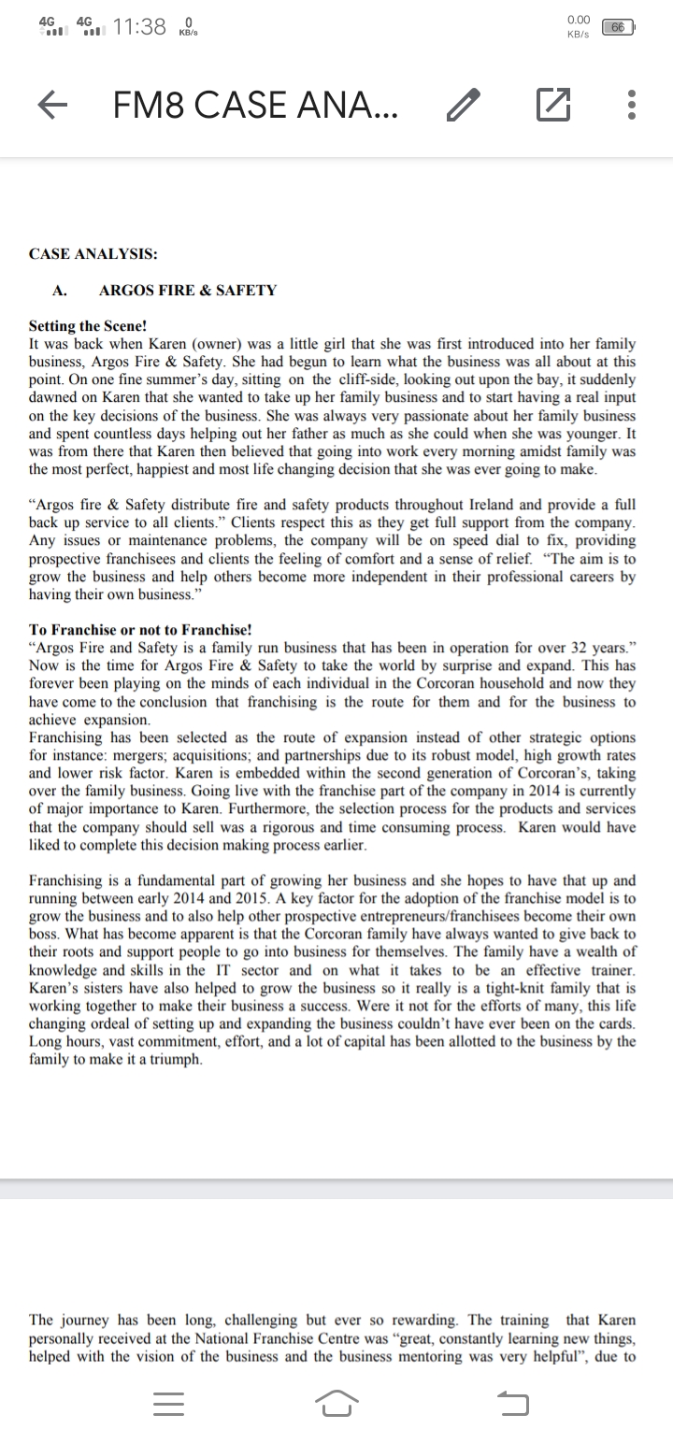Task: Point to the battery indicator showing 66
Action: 617,28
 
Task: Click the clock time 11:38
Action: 138,28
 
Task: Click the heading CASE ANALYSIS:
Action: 93,253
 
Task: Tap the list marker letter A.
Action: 59,291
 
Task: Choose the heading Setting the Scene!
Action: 88,327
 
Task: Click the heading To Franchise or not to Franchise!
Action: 140,630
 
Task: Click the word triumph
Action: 174,1058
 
